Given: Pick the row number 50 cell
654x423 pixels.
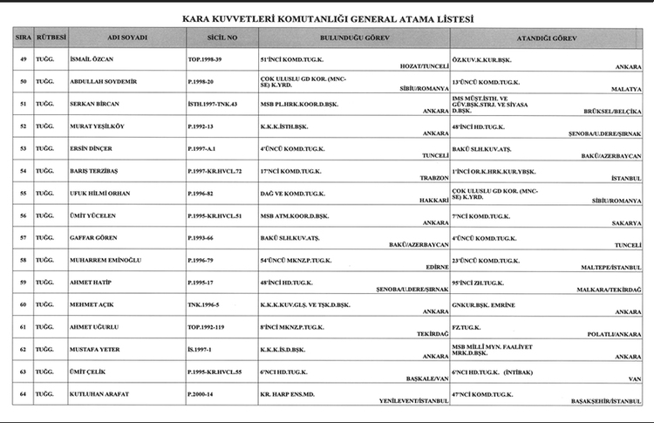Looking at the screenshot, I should [24, 82].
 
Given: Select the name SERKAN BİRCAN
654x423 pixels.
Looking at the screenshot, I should [96, 104].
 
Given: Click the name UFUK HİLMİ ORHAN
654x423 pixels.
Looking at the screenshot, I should [102, 194].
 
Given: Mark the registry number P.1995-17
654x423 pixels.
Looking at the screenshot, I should [205, 283].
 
